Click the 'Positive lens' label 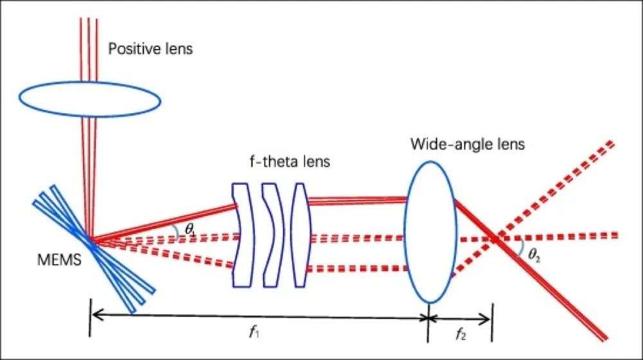(x=150, y=49)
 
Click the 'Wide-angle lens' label (x=467, y=144)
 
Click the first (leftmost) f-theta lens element (x=240, y=235)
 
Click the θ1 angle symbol (x=190, y=228)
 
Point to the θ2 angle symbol (x=534, y=255)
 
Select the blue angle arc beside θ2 (x=520, y=249)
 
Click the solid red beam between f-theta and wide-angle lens (x=357, y=199)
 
